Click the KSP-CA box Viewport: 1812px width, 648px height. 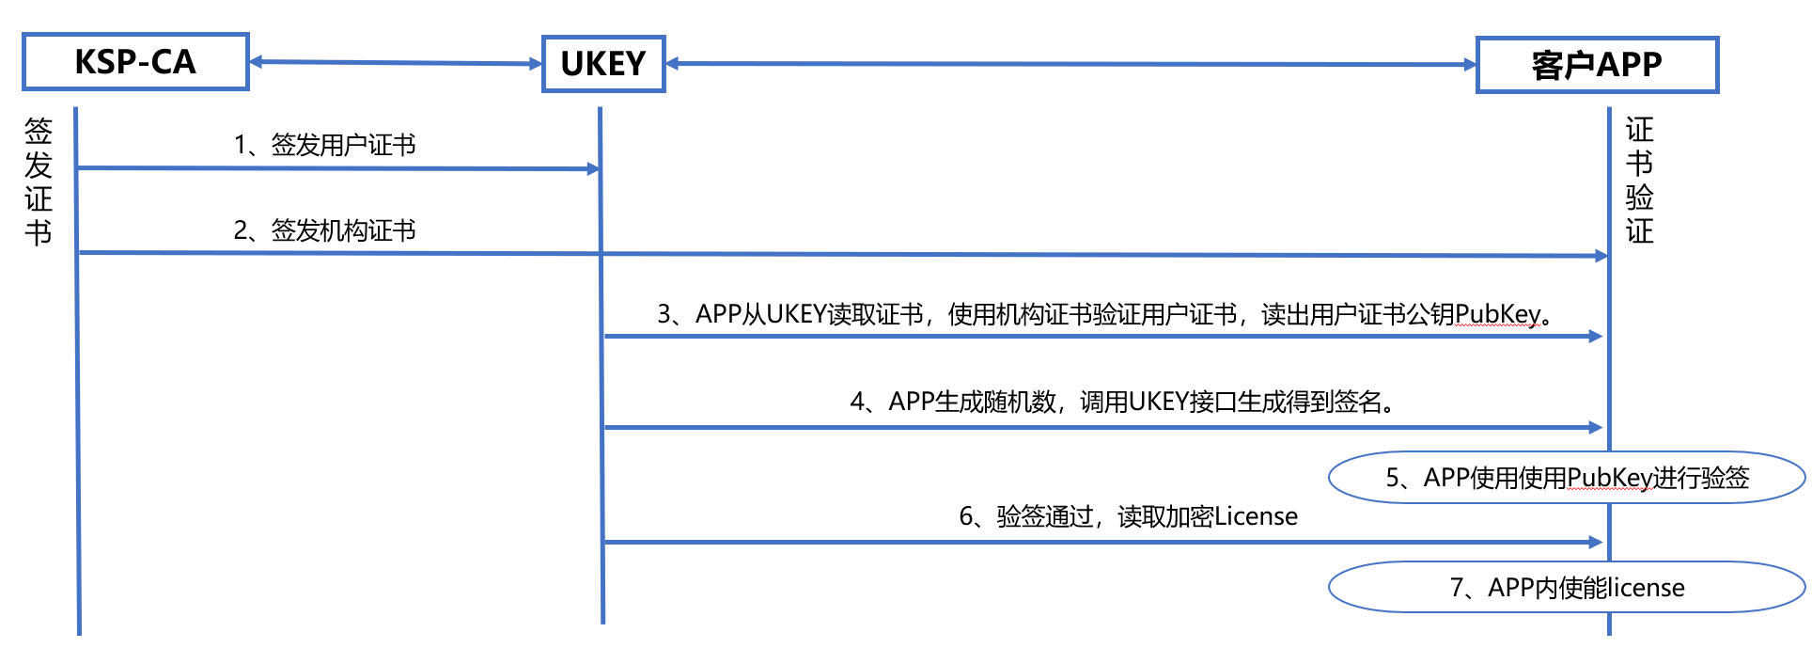[x=135, y=62]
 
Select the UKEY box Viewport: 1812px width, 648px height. [x=603, y=64]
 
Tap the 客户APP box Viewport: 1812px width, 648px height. [x=1597, y=65]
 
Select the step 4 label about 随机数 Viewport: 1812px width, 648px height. [x=1122, y=403]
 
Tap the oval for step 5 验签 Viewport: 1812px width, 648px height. [x=1567, y=478]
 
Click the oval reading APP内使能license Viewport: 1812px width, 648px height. [x=1567, y=588]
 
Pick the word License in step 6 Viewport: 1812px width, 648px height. [x=1256, y=516]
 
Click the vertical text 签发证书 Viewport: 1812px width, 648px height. [x=39, y=181]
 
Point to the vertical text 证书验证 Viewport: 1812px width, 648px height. [x=1639, y=181]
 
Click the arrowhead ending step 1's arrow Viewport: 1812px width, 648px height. [x=593, y=169]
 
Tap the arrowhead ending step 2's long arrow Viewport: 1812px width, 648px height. [x=1601, y=255]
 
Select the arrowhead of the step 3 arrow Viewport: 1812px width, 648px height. [x=1596, y=336]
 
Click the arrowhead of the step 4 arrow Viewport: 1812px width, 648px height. [x=1596, y=427]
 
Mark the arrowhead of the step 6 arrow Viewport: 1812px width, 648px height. [x=1596, y=542]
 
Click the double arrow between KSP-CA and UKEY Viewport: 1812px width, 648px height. [x=396, y=63]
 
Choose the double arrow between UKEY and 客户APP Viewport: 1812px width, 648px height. [x=1071, y=64]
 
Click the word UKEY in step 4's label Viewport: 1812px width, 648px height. [x=1158, y=403]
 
